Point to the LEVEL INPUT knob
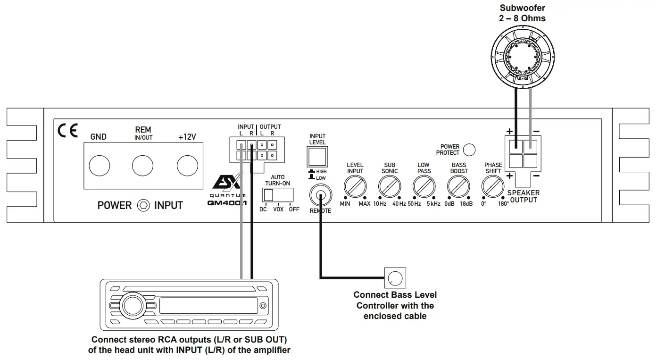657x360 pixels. [x=355, y=187]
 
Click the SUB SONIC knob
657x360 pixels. [x=389, y=187]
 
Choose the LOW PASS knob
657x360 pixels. [x=424, y=187]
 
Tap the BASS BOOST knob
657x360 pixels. [x=458, y=187]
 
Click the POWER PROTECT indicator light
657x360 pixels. [x=469, y=150]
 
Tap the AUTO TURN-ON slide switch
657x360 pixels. [x=278, y=195]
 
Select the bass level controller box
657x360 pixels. [x=395, y=278]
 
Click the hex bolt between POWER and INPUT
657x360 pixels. [x=143, y=205]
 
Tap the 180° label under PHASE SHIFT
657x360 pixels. [x=504, y=204]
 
